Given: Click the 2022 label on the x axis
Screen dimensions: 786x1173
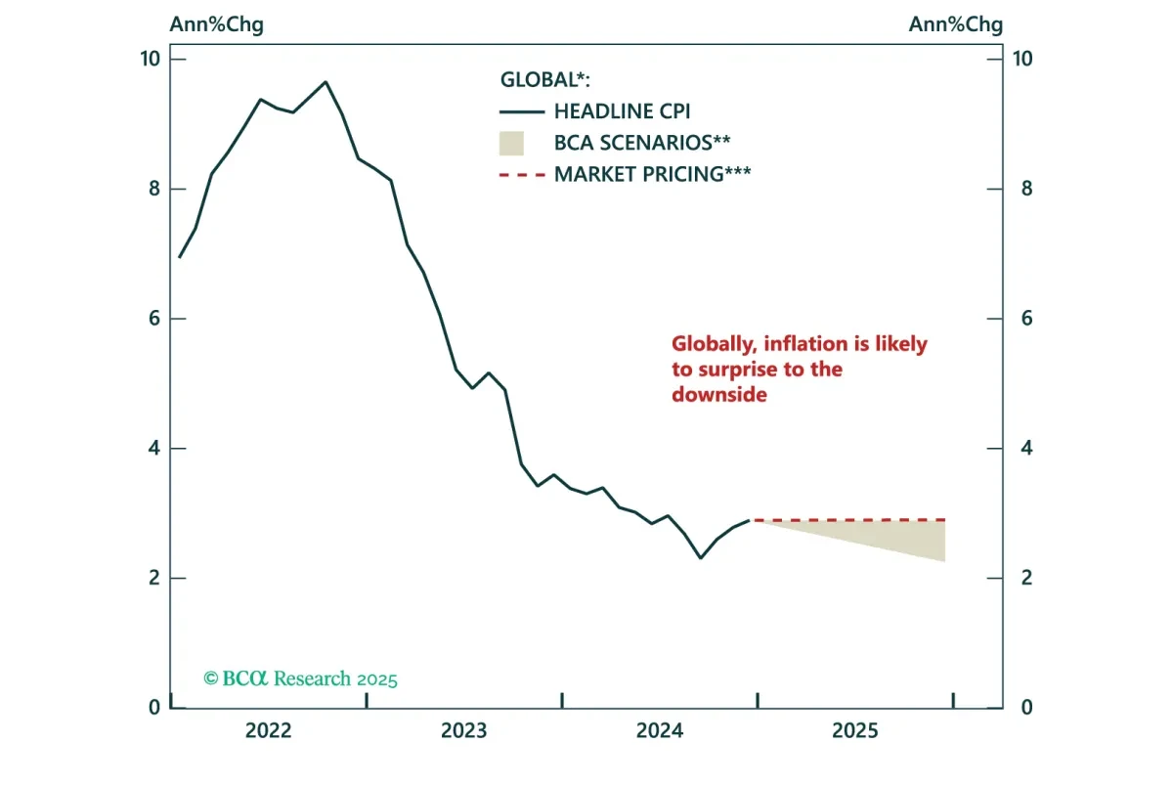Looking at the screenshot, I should (x=269, y=731).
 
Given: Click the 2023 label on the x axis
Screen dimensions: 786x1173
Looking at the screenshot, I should (x=464, y=731).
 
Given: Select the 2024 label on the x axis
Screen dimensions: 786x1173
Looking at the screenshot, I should (x=660, y=731).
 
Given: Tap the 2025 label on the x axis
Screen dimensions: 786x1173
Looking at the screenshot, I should (x=855, y=731).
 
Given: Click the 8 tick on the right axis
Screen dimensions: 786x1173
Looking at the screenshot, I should (x=1021, y=189).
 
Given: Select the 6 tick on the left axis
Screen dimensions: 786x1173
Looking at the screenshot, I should (x=154, y=319).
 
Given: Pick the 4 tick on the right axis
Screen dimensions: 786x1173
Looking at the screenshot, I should (x=1021, y=449).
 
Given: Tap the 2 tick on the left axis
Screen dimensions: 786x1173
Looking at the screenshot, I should (x=154, y=579).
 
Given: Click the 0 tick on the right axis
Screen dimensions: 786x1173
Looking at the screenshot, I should (x=1021, y=708).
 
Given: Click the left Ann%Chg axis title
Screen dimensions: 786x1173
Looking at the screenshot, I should (x=216, y=24).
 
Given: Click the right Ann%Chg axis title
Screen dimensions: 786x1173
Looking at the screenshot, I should (x=955, y=24).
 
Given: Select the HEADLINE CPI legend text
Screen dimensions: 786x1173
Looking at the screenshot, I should (x=622, y=111).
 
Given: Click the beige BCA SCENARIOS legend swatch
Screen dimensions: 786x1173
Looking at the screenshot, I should (x=511, y=143).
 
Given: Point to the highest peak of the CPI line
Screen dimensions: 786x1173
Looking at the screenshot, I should (x=326, y=82).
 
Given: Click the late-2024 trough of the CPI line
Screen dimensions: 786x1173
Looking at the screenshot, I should (x=701, y=558).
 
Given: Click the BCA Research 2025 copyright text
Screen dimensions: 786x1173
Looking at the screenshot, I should (x=300, y=678).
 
